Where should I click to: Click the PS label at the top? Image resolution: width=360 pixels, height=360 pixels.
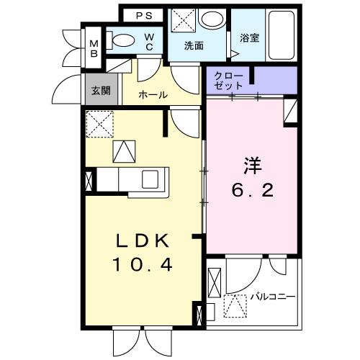pyautogui.click(x=144, y=16)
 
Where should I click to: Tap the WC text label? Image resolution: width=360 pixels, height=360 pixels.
pyautogui.click(x=149, y=42)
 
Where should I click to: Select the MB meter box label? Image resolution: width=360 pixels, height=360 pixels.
pyautogui.click(x=94, y=49)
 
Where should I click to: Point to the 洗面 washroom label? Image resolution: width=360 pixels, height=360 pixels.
pyautogui.click(x=194, y=45)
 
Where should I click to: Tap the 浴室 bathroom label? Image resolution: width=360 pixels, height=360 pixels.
pyautogui.click(x=250, y=38)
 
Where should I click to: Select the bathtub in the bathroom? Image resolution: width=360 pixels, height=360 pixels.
pyautogui.click(x=282, y=35)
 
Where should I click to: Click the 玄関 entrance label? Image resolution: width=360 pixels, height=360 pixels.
pyautogui.click(x=101, y=91)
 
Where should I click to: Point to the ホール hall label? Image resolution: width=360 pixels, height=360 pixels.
pyautogui.click(x=153, y=95)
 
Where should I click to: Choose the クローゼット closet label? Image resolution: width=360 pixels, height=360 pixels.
pyautogui.click(x=228, y=81)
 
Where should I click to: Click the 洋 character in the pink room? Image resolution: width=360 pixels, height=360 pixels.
pyautogui.click(x=253, y=166)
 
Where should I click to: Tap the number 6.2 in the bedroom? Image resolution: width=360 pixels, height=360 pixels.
pyautogui.click(x=253, y=191)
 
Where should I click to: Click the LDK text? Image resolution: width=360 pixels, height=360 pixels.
pyautogui.click(x=143, y=241)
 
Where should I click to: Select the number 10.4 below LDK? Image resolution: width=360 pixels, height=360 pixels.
pyautogui.click(x=143, y=265)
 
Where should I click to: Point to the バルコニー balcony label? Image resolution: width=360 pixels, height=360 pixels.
pyautogui.click(x=273, y=297)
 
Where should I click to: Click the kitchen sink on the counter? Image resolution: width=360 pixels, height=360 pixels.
pyautogui.click(x=150, y=179)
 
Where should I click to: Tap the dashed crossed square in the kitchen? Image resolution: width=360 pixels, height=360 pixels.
pyautogui.click(x=100, y=124)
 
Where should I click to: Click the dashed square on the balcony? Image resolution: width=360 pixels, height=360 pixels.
pyautogui.click(x=235, y=306)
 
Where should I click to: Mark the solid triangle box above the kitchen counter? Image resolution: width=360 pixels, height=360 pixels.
pyautogui.click(x=124, y=151)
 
